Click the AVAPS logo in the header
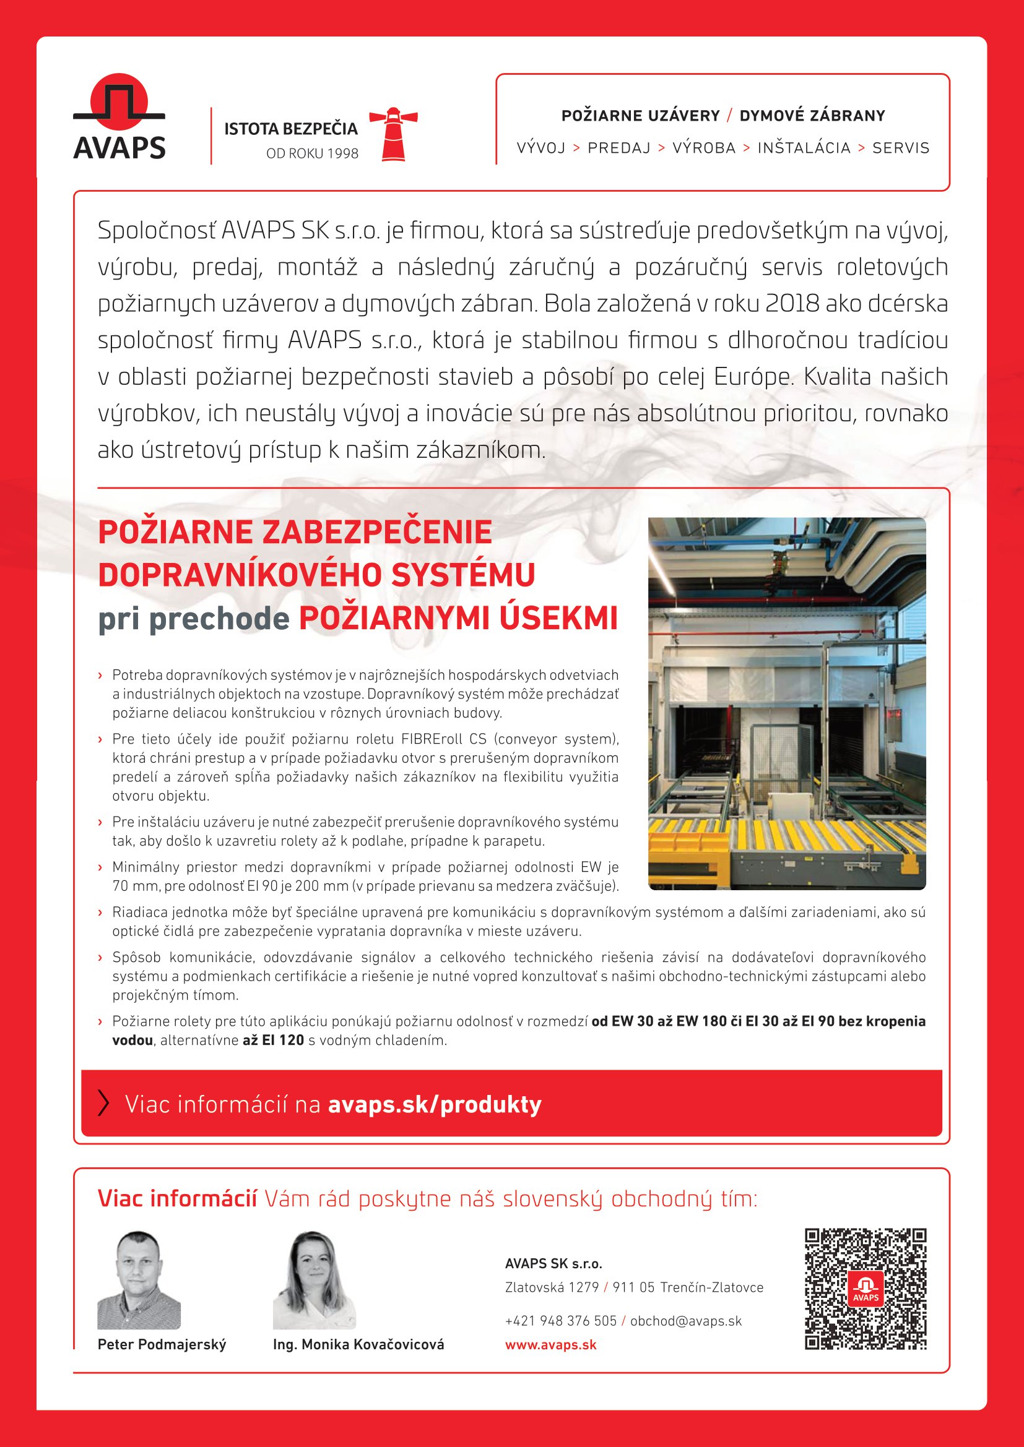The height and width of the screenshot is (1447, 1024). coord(119,119)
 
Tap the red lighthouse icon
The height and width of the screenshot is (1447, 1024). coord(394,134)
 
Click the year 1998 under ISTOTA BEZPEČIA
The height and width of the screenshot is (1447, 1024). coord(342,154)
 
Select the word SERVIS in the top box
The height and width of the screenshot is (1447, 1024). coord(900,148)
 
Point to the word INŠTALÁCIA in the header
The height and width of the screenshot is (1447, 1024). coord(804,148)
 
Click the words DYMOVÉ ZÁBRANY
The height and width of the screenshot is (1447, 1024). coord(812,116)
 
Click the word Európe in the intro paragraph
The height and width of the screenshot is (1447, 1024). coord(752,377)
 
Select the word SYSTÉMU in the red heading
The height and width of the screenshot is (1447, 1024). coord(463,575)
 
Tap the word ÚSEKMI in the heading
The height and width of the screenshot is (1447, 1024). coord(558,619)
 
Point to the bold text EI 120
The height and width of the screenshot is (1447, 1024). coord(273,1041)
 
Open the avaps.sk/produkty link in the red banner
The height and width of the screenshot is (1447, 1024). coord(435,1104)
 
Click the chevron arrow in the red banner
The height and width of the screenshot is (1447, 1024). coord(104,1104)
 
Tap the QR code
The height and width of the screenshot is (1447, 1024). coord(866,1289)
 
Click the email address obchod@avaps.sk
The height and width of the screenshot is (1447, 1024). coord(686,1321)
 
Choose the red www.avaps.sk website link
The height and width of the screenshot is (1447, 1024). coord(550,1345)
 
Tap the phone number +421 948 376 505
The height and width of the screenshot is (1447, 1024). coord(560,1321)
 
